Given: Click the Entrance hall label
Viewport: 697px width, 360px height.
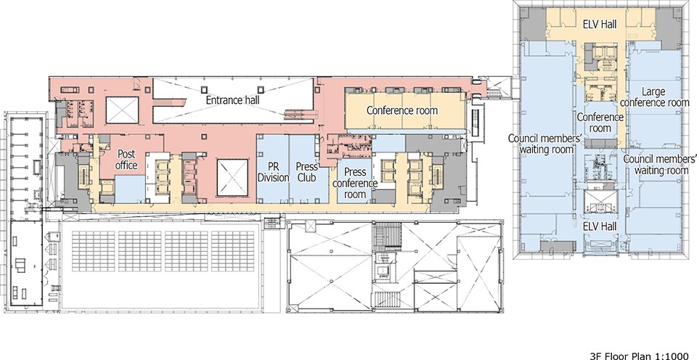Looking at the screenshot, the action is point(232,100).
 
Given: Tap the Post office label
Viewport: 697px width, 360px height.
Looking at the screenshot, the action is point(126,160).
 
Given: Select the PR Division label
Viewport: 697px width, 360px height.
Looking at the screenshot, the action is point(273,172).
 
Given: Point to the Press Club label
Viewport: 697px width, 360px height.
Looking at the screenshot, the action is point(307,172).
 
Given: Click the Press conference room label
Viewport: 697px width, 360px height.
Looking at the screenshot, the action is point(355,183).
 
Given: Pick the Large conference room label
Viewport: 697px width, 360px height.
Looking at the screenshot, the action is point(654,97).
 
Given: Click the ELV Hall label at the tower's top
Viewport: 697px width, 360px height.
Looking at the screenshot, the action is point(600,25).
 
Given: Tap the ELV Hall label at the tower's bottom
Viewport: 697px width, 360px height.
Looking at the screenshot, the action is point(600,226).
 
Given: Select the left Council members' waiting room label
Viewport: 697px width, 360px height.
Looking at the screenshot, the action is point(544,144).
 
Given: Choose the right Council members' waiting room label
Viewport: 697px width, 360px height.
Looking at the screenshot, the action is point(659,165).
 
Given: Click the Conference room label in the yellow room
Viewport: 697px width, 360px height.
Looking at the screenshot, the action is point(402,110).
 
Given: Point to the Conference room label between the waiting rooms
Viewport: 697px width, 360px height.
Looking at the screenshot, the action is point(600,123).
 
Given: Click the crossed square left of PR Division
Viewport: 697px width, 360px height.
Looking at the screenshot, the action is point(232,177).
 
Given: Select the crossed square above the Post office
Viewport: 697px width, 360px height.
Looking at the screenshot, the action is point(122,110).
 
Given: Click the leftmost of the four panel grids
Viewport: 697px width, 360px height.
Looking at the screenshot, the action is point(94,251).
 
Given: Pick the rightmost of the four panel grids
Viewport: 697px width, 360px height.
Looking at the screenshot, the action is point(232,251).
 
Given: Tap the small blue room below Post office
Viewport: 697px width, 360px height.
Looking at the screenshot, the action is point(130,189).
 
